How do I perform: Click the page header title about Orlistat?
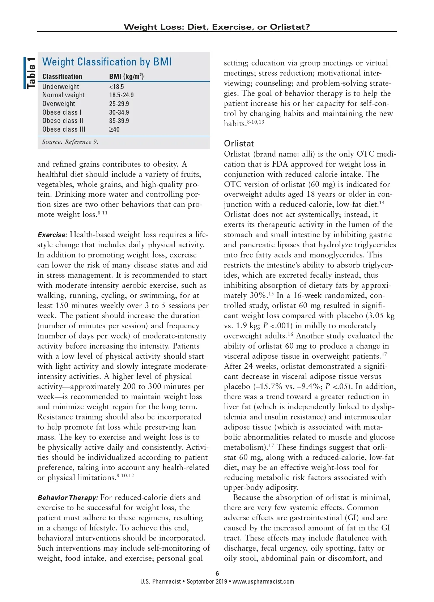[217, 27]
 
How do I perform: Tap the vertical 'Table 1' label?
[31, 73]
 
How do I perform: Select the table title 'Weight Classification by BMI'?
[107, 62]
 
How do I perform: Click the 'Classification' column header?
[62, 76]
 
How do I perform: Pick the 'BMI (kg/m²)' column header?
[126, 76]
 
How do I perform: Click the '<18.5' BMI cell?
[116, 87]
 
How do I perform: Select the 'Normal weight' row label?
[63, 95]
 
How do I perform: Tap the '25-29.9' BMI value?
[119, 104]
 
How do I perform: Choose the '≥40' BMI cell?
[114, 129]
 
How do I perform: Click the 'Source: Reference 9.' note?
[70, 142]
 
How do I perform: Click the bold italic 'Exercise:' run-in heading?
[52, 235]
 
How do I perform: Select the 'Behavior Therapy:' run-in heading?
[68, 498]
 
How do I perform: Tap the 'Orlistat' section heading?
[239, 144]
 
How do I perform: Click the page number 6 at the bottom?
[217, 573]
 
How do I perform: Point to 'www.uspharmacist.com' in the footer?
[263, 582]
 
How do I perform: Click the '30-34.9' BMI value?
[119, 112]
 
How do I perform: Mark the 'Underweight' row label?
[60, 87]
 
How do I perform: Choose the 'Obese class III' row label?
[64, 129]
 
